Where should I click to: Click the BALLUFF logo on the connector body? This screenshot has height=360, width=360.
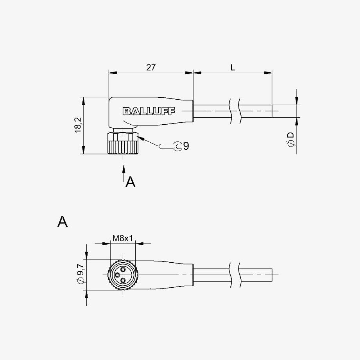149,111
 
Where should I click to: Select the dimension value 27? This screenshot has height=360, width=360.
151,68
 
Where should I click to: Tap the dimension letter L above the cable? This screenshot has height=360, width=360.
233,68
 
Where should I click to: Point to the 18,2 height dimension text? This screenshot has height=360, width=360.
78,125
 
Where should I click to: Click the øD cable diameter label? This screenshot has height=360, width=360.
291,140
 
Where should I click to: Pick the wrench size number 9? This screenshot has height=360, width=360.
186,146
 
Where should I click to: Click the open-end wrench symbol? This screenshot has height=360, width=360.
170,146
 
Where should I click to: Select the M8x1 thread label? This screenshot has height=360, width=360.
123,238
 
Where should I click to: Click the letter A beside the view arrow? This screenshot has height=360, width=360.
131,182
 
